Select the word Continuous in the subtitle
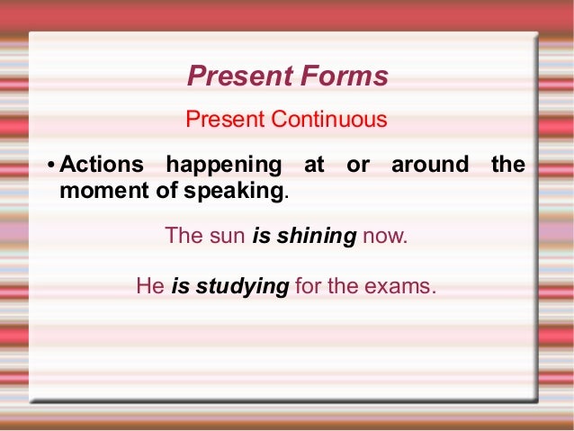tap(332, 119)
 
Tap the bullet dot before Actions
tap(51, 166)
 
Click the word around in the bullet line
tap(430, 166)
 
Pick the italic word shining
tap(317, 237)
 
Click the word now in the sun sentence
tap(384, 237)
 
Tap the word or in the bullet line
tap(357, 166)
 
